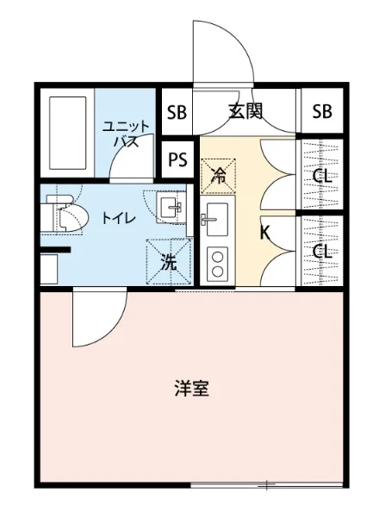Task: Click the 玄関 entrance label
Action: tap(245, 110)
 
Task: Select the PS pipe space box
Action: tap(178, 159)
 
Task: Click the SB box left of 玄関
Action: tap(177, 110)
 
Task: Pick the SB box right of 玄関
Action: tap(322, 110)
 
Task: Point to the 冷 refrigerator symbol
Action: tap(218, 177)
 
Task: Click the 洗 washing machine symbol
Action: tap(169, 262)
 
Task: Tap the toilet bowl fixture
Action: tap(67, 215)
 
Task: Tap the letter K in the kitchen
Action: tap(266, 232)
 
